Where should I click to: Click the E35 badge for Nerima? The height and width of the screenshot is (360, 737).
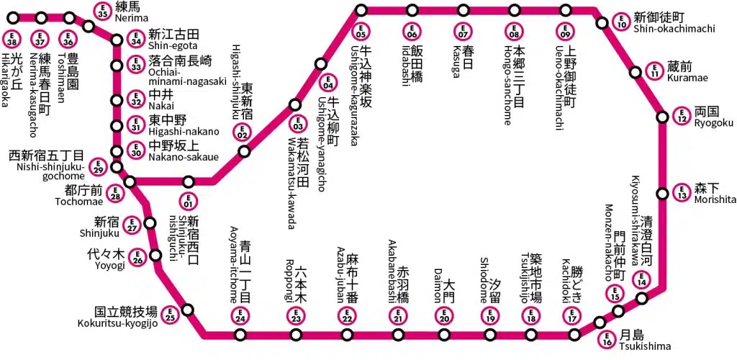click(x=103, y=10)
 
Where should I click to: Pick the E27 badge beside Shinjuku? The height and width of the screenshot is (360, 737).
click(x=132, y=225)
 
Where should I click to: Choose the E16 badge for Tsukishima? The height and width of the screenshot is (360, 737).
click(x=607, y=337)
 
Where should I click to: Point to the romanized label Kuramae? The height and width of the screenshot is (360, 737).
click(x=687, y=77)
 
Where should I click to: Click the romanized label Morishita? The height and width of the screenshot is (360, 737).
click(x=715, y=199)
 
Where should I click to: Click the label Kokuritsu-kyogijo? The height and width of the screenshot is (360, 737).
click(x=117, y=323)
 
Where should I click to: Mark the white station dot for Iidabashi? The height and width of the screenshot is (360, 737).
click(x=412, y=10)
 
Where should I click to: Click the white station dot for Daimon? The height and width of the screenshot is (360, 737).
click(x=444, y=335)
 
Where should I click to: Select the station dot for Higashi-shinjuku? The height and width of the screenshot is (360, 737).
click(x=245, y=152)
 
